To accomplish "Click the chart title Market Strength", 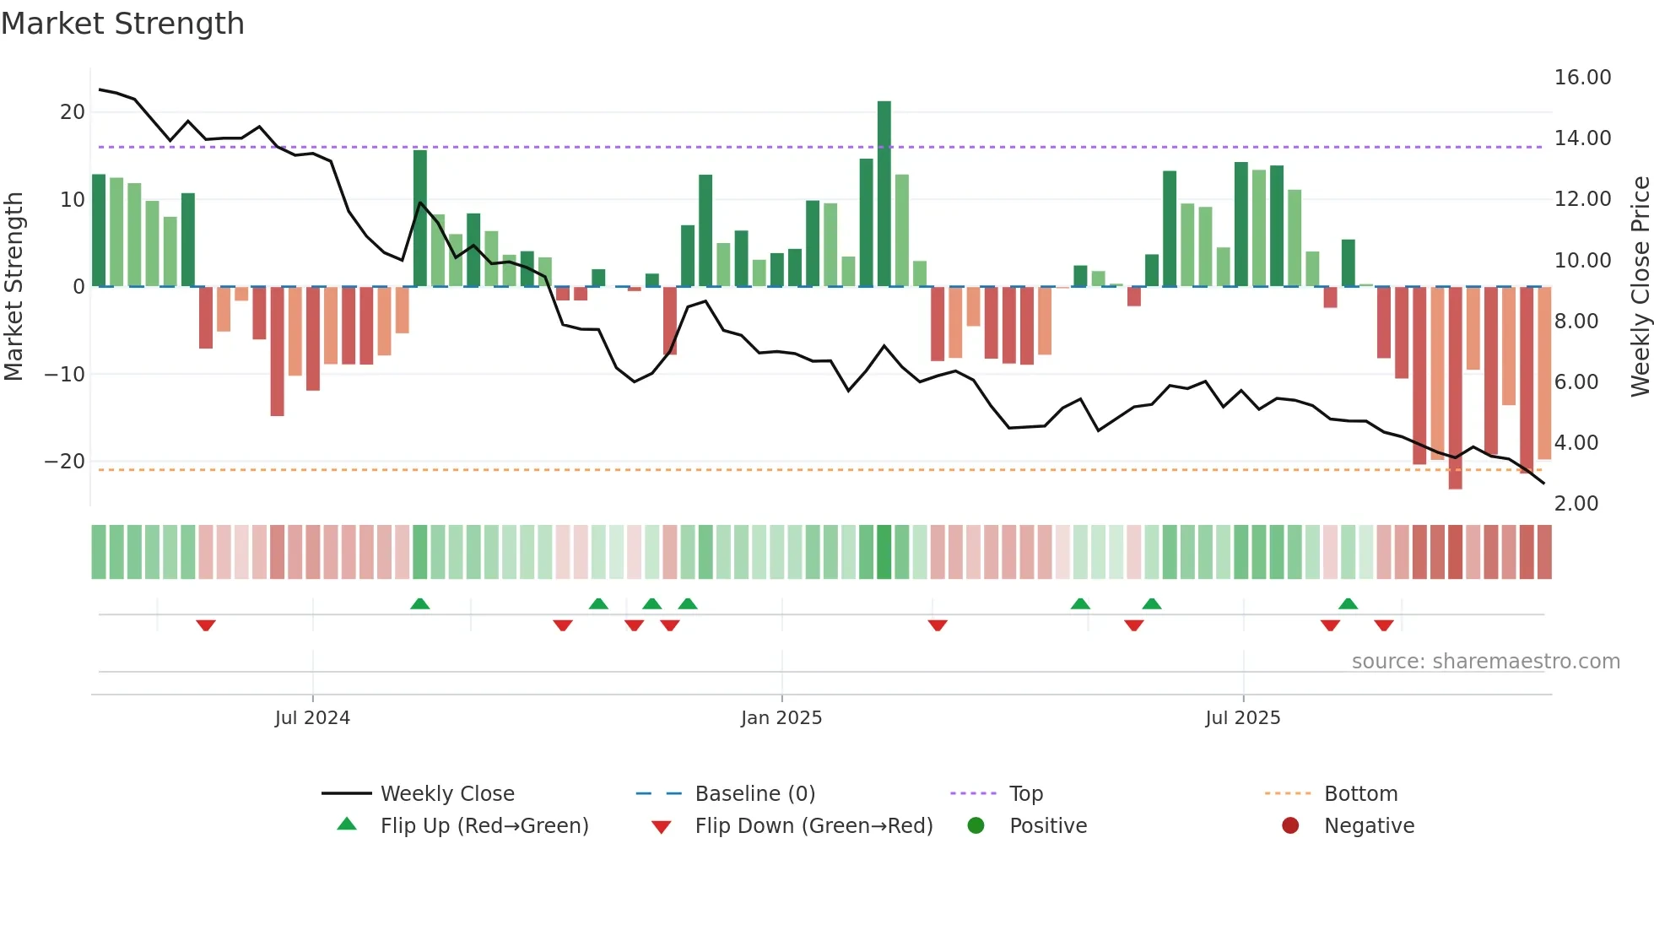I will click(122, 24).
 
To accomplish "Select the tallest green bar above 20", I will click(884, 194).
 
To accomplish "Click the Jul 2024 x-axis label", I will click(312, 718).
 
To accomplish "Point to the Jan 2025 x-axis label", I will click(781, 718).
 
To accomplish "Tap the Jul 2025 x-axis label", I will click(1243, 718).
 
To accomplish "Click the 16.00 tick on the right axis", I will click(1582, 78).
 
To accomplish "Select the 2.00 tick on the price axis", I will click(1576, 504).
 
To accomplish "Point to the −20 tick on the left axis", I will click(65, 462).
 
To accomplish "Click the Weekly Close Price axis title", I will click(1640, 287).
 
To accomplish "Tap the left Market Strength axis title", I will click(14, 287).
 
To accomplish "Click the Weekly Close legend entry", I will click(446, 794).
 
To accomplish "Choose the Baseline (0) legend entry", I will click(754, 794).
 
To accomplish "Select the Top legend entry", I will click(1026, 794).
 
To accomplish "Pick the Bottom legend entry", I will click(1360, 794).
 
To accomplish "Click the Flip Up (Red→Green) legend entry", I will click(484, 826).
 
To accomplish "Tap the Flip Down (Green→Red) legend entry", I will click(813, 826).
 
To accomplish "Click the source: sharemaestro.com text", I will click(1485, 662).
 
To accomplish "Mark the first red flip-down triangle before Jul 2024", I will click(206, 625).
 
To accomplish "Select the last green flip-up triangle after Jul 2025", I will click(1348, 603).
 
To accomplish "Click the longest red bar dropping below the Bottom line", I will click(1455, 388).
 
